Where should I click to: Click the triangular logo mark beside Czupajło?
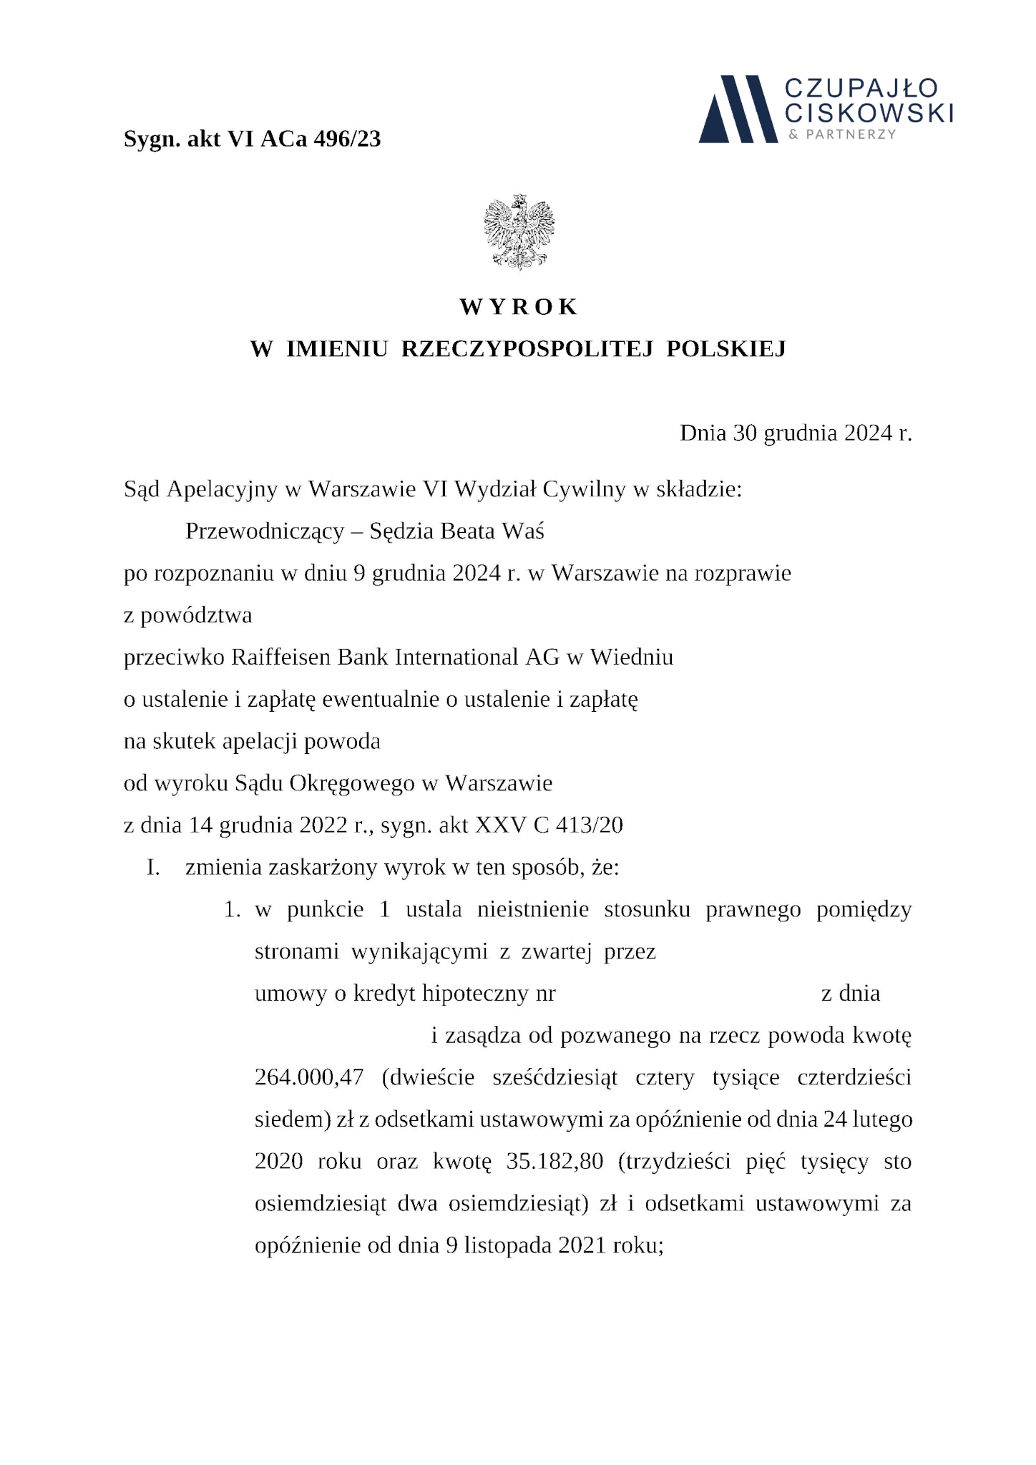(x=738, y=109)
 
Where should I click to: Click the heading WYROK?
(x=518, y=307)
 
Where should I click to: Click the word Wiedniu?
(x=632, y=657)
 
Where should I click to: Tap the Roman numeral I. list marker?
(x=152, y=868)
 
